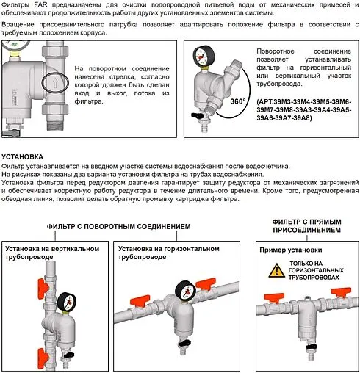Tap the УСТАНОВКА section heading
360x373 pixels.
(27, 157)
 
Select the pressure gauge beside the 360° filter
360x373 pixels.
(201, 58)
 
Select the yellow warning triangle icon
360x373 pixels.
(276, 271)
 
